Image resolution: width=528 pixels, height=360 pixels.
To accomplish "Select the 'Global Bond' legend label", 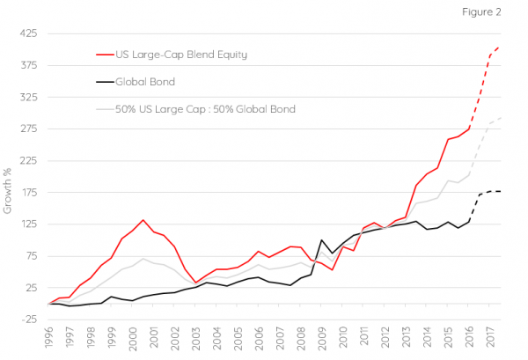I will pyautogui.click(x=145, y=82).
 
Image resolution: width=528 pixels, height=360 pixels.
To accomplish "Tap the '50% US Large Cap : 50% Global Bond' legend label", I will pyautogui.click(x=206, y=109).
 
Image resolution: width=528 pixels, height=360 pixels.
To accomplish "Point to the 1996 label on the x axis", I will pyautogui.click(x=48, y=338).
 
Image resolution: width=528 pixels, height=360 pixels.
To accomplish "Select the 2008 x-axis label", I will pyautogui.click(x=301, y=338).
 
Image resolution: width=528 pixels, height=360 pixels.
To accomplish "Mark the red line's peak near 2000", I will pyautogui.click(x=143, y=220).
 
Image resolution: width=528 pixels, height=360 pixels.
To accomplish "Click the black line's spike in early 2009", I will pyautogui.click(x=321, y=240).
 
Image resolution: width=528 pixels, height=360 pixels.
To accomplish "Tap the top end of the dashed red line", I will pyautogui.click(x=500, y=48).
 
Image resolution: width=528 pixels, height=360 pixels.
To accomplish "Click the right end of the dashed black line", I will pyautogui.click(x=501, y=191).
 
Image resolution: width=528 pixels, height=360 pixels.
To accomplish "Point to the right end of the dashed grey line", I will pyautogui.click(x=501, y=118).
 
